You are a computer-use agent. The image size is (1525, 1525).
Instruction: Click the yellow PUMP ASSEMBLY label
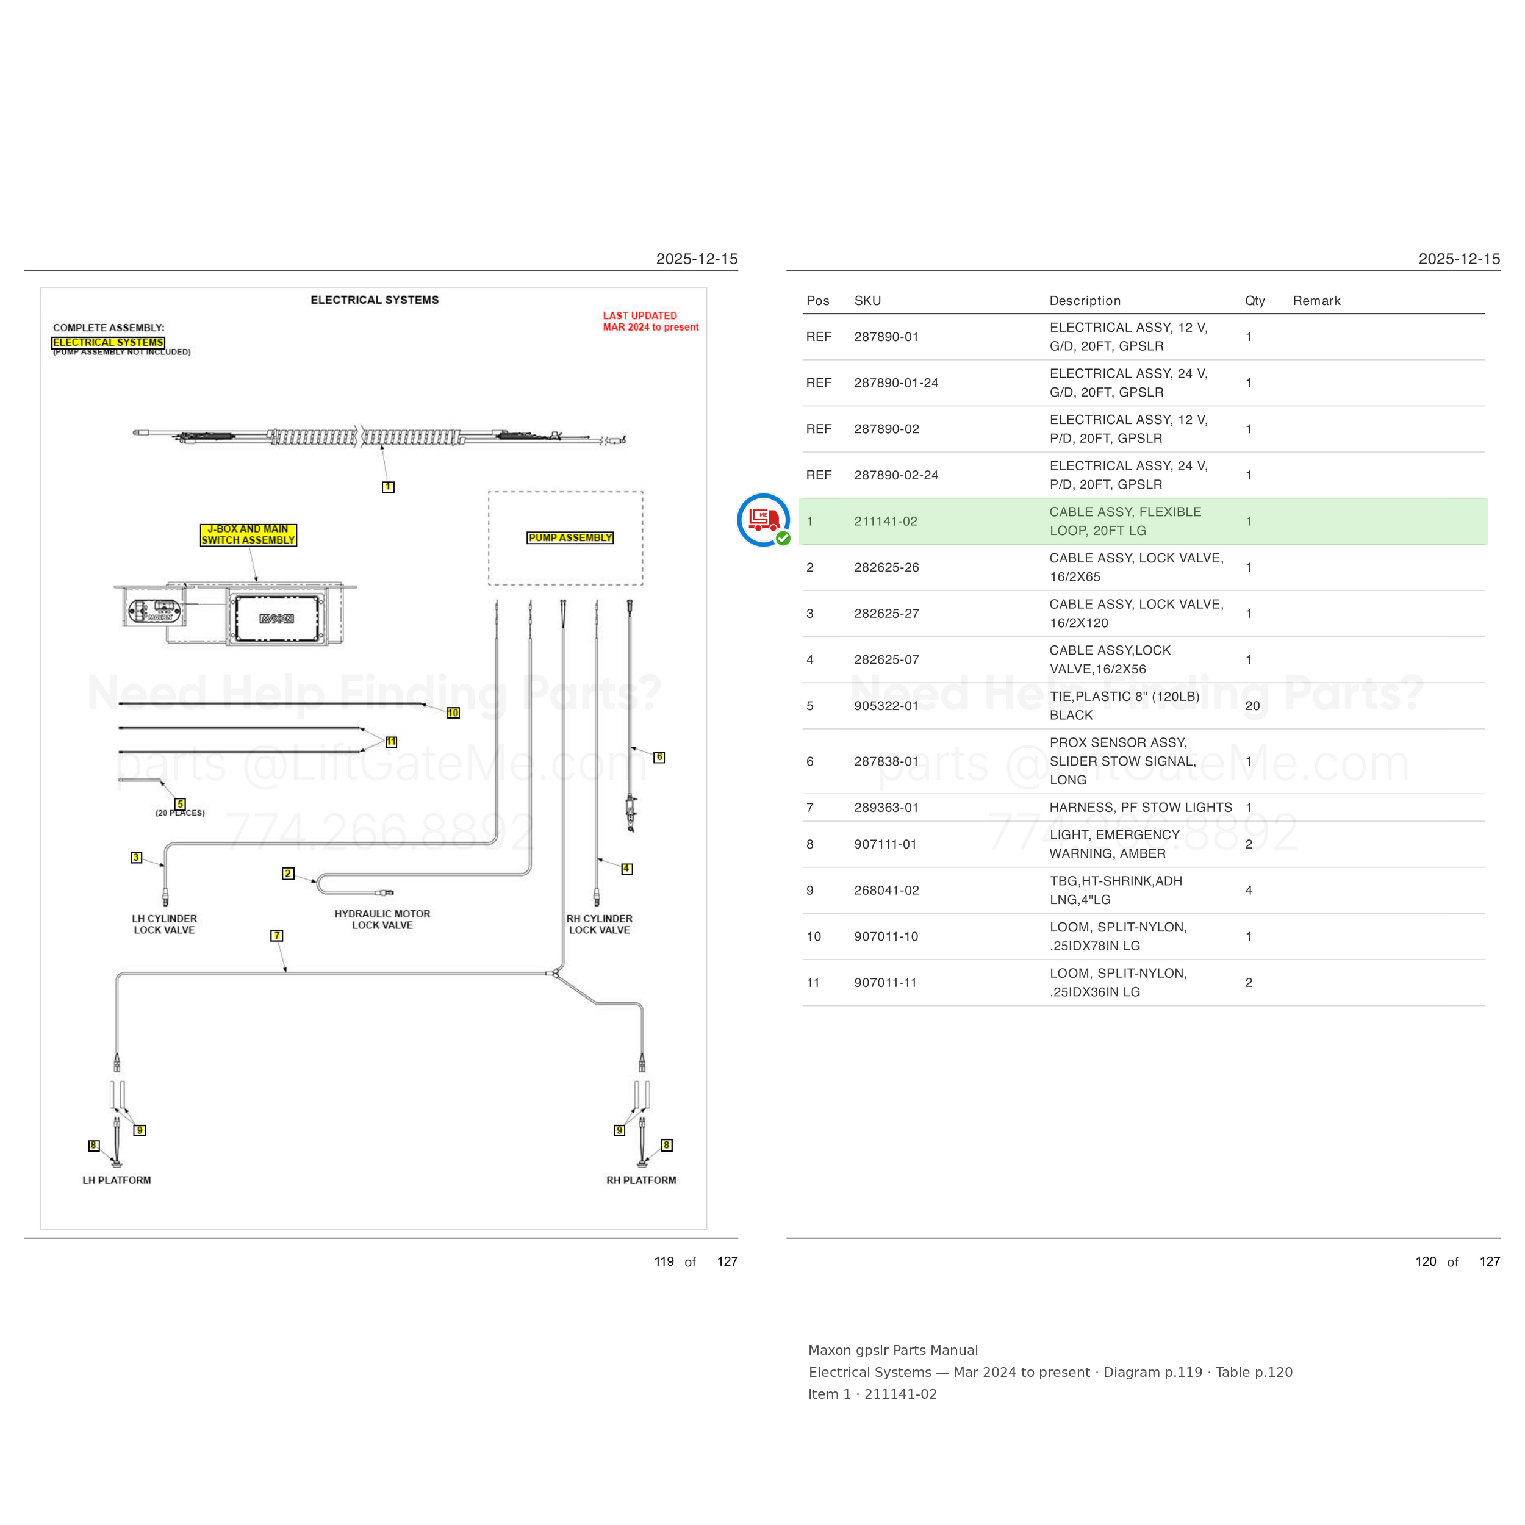point(570,537)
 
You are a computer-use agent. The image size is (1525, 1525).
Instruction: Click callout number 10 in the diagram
point(453,712)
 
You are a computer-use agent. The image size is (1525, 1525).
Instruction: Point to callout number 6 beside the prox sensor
point(659,757)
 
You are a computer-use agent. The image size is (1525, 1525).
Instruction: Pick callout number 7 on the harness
point(277,935)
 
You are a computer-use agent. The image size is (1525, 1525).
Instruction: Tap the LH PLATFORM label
point(117,1180)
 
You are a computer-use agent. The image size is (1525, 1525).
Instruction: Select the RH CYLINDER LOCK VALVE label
point(600,924)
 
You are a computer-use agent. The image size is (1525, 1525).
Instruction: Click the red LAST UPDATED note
point(650,321)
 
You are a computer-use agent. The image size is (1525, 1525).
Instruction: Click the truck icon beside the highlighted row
point(763,520)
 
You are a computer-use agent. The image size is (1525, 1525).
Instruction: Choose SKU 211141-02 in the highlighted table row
point(886,522)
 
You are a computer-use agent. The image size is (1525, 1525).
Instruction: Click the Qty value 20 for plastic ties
point(1253,706)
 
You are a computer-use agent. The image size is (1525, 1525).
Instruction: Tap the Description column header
point(1085,301)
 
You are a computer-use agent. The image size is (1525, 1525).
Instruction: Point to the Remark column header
point(1316,301)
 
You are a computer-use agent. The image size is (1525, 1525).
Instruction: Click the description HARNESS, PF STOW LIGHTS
point(1141,808)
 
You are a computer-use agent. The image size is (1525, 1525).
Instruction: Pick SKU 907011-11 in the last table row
point(886,983)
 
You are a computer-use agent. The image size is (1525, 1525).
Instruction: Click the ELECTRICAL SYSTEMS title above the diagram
point(375,300)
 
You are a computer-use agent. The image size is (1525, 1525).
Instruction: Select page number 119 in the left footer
point(664,1261)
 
